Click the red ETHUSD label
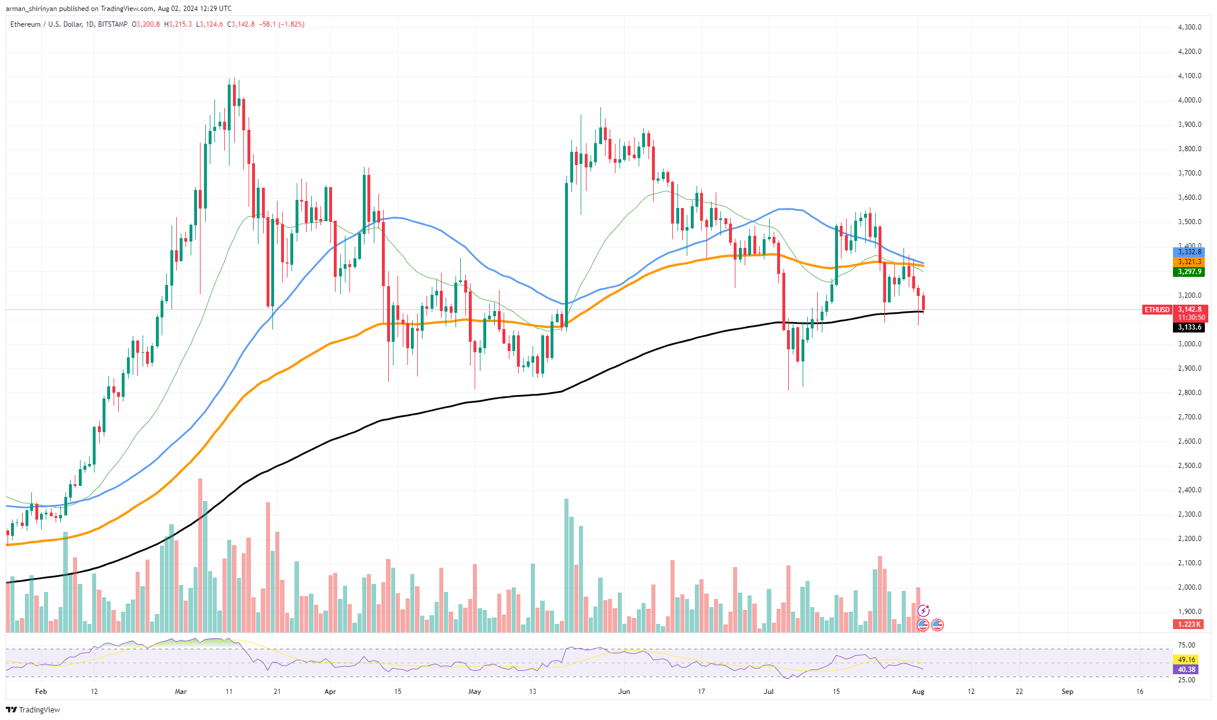1157,310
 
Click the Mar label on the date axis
181,691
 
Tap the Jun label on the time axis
624,691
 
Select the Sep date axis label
1067,691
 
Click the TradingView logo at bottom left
33,710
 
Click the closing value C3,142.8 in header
241,24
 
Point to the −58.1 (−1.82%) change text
282,24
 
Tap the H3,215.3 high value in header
178,24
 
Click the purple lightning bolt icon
923,611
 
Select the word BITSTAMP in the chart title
113,24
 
